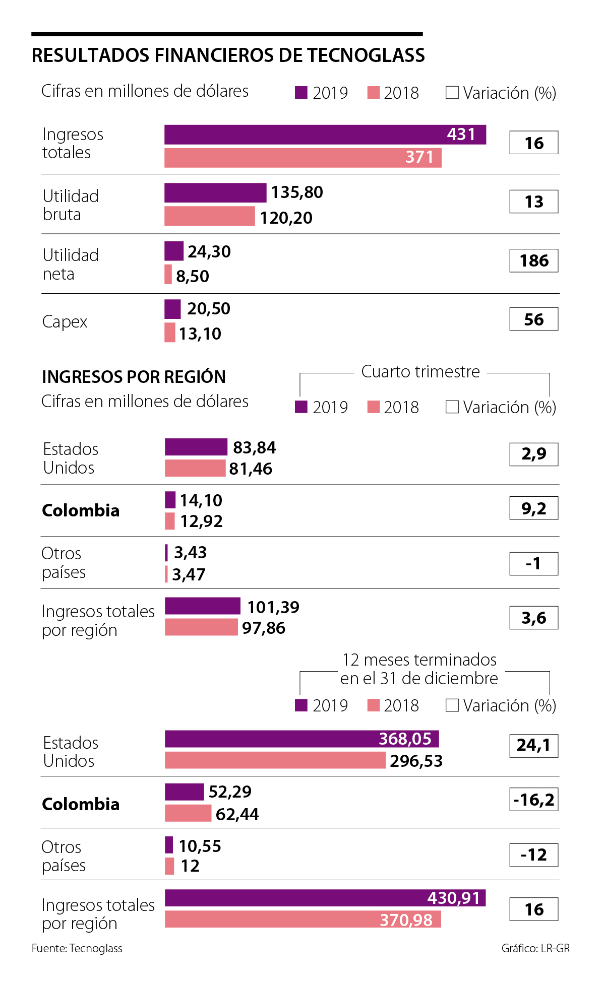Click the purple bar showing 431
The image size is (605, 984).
tap(325, 135)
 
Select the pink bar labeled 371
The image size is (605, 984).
tap(302, 158)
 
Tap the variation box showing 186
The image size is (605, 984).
tap(534, 260)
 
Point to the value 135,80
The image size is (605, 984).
tap(297, 192)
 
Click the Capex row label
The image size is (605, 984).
tap(65, 321)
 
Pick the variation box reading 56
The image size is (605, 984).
tap(534, 319)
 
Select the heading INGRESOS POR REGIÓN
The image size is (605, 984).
tap(134, 377)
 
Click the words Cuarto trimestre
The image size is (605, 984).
tap(420, 372)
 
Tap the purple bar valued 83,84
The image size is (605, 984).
tap(196, 447)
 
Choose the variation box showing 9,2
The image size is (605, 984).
tap(534, 508)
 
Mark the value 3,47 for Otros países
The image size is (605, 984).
tap(189, 574)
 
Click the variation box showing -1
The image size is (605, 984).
tap(534, 563)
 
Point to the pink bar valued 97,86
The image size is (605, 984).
tap(201, 627)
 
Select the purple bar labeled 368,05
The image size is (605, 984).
tap(301, 739)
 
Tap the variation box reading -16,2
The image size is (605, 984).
tap(534, 800)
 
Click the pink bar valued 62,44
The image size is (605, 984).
tap(188, 813)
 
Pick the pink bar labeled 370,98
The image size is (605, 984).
tap(302, 919)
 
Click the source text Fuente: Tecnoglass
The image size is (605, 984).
tap(77, 948)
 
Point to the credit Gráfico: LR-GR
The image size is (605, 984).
tap(535, 948)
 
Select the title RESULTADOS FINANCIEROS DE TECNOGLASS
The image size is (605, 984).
tap(228, 55)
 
